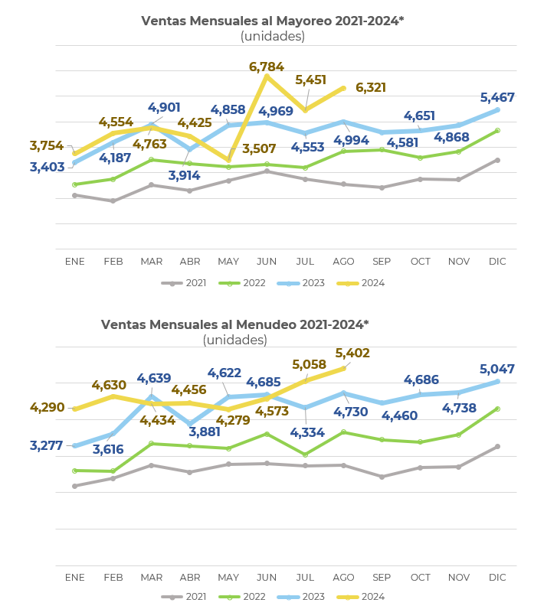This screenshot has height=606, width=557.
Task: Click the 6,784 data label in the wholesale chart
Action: coord(267,67)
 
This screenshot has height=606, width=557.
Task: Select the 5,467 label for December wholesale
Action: coord(497,98)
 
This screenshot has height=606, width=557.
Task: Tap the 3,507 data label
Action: coord(259,149)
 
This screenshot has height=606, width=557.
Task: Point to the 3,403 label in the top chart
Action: coord(48,167)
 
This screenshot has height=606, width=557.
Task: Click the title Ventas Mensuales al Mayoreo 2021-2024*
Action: coord(272,21)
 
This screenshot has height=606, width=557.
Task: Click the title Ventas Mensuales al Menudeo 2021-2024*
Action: coord(234,324)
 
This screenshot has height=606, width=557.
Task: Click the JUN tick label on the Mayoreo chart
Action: coord(267,262)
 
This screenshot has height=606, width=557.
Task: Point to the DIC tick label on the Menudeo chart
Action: coord(497,578)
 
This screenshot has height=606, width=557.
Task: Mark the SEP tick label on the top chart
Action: coord(382,262)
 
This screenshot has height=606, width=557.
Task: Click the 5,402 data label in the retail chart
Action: coord(352,353)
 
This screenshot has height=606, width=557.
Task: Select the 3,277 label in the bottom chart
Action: coord(48,446)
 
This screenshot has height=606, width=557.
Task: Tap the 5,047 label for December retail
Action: coord(497,370)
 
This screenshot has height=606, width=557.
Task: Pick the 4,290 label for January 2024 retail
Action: coord(48,408)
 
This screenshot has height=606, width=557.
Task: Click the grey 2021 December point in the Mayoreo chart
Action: coord(497,160)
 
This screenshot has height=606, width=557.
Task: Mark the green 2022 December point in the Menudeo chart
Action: coord(497,409)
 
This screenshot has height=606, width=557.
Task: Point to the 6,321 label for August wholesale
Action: coord(371,88)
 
